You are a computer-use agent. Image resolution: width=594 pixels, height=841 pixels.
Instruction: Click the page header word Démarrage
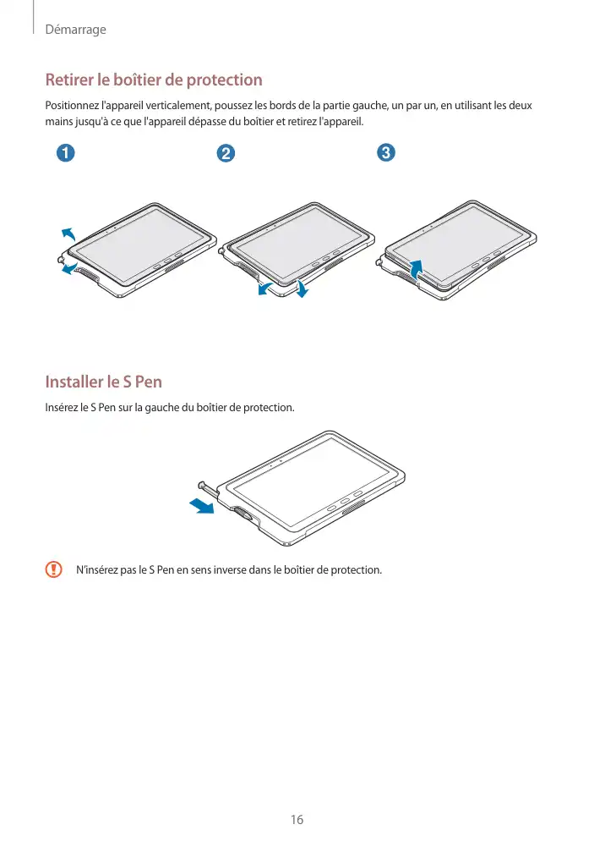pyautogui.click(x=75, y=30)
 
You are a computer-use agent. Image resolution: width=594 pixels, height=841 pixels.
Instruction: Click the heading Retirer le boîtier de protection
pyautogui.click(x=154, y=80)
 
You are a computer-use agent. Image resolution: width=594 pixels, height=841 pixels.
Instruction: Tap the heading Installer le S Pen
pyautogui.click(x=103, y=382)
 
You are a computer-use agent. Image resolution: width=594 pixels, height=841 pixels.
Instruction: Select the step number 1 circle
pyautogui.click(x=65, y=153)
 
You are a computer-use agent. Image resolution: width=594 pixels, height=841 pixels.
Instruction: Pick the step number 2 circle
pyautogui.click(x=226, y=153)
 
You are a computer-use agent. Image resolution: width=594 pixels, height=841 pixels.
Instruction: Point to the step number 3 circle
pyautogui.click(x=385, y=152)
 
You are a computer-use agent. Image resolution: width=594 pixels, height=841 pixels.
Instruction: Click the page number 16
pyautogui.click(x=297, y=820)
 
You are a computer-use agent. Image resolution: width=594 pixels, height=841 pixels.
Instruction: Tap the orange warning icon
pyautogui.click(x=53, y=569)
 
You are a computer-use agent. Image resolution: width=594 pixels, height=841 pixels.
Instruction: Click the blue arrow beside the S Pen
pyautogui.click(x=202, y=505)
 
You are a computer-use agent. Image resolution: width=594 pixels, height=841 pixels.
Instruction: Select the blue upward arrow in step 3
pyautogui.click(x=416, y=268)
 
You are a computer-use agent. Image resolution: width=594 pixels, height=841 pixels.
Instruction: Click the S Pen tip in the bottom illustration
pyautogui.click(x=202, y=485)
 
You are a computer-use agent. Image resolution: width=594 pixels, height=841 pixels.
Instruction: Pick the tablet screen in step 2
pyautogui.click(x=299, y=244)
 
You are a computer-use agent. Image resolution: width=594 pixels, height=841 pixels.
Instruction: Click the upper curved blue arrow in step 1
pyautogui.click(x=68, y=234)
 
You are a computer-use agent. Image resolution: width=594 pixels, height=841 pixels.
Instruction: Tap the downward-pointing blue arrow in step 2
pyautogui.click(x=302, y=289)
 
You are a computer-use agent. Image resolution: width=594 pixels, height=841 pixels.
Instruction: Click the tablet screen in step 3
pyautogui.click(x=458, y=243)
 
